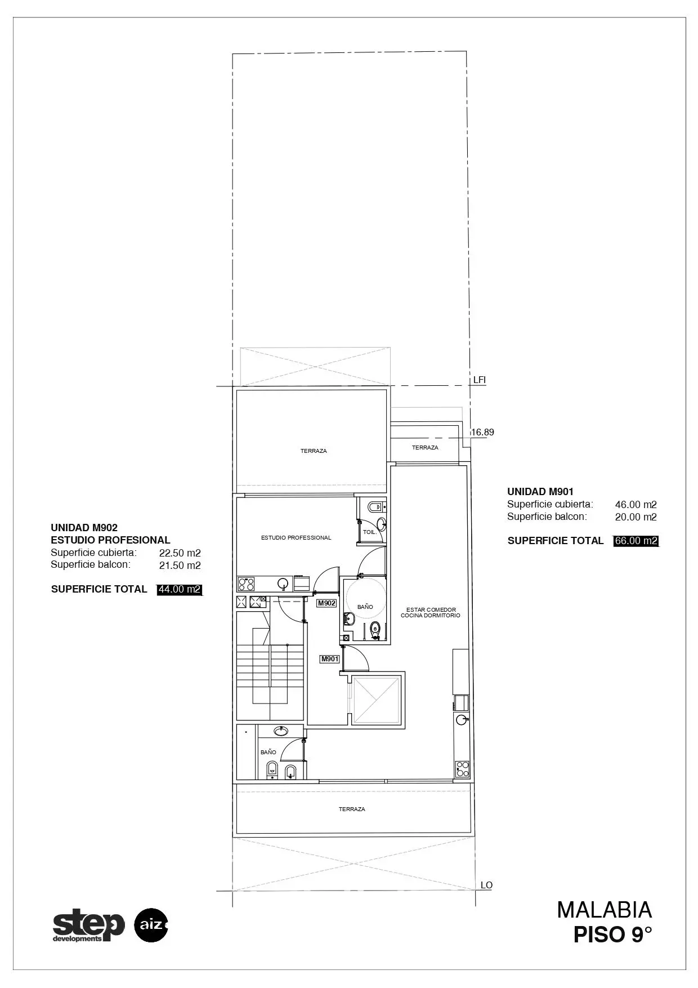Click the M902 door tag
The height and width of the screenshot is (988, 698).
327,603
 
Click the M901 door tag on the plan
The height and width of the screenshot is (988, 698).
330,659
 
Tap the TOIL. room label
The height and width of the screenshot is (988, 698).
369,532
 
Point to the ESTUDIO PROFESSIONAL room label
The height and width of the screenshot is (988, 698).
296,538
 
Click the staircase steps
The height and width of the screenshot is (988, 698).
270,668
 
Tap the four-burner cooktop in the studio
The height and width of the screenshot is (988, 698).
246,584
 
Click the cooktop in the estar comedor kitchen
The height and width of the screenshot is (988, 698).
462,769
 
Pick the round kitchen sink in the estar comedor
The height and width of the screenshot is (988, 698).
462,719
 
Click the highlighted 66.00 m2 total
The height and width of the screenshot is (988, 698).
636,541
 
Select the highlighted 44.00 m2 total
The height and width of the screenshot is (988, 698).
180,589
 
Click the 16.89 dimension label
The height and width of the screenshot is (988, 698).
482,433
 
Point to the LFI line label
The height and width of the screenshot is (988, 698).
480,380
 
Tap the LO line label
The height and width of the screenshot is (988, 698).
486,885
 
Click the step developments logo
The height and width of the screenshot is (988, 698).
89,925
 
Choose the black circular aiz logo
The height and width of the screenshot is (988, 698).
151,925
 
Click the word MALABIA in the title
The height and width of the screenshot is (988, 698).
605,910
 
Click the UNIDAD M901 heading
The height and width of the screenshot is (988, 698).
540,492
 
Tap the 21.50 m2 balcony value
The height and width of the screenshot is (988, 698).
180,566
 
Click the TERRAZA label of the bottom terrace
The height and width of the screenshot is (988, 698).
352,809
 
